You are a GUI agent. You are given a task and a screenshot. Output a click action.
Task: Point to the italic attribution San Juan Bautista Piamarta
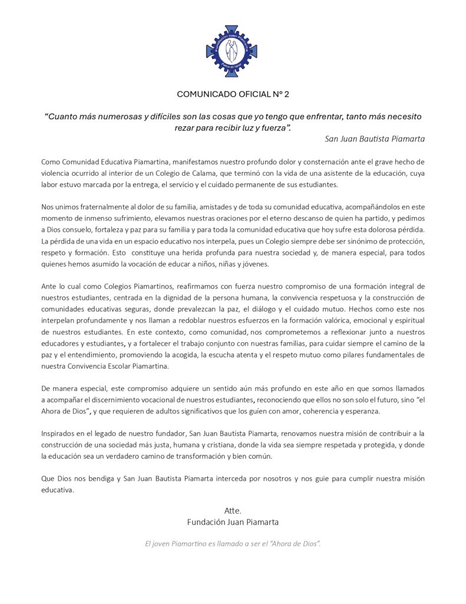(375, 140)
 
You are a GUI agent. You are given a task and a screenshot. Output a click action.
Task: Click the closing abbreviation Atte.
(233, 510)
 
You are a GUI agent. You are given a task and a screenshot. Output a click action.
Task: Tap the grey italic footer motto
(233, 543)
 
